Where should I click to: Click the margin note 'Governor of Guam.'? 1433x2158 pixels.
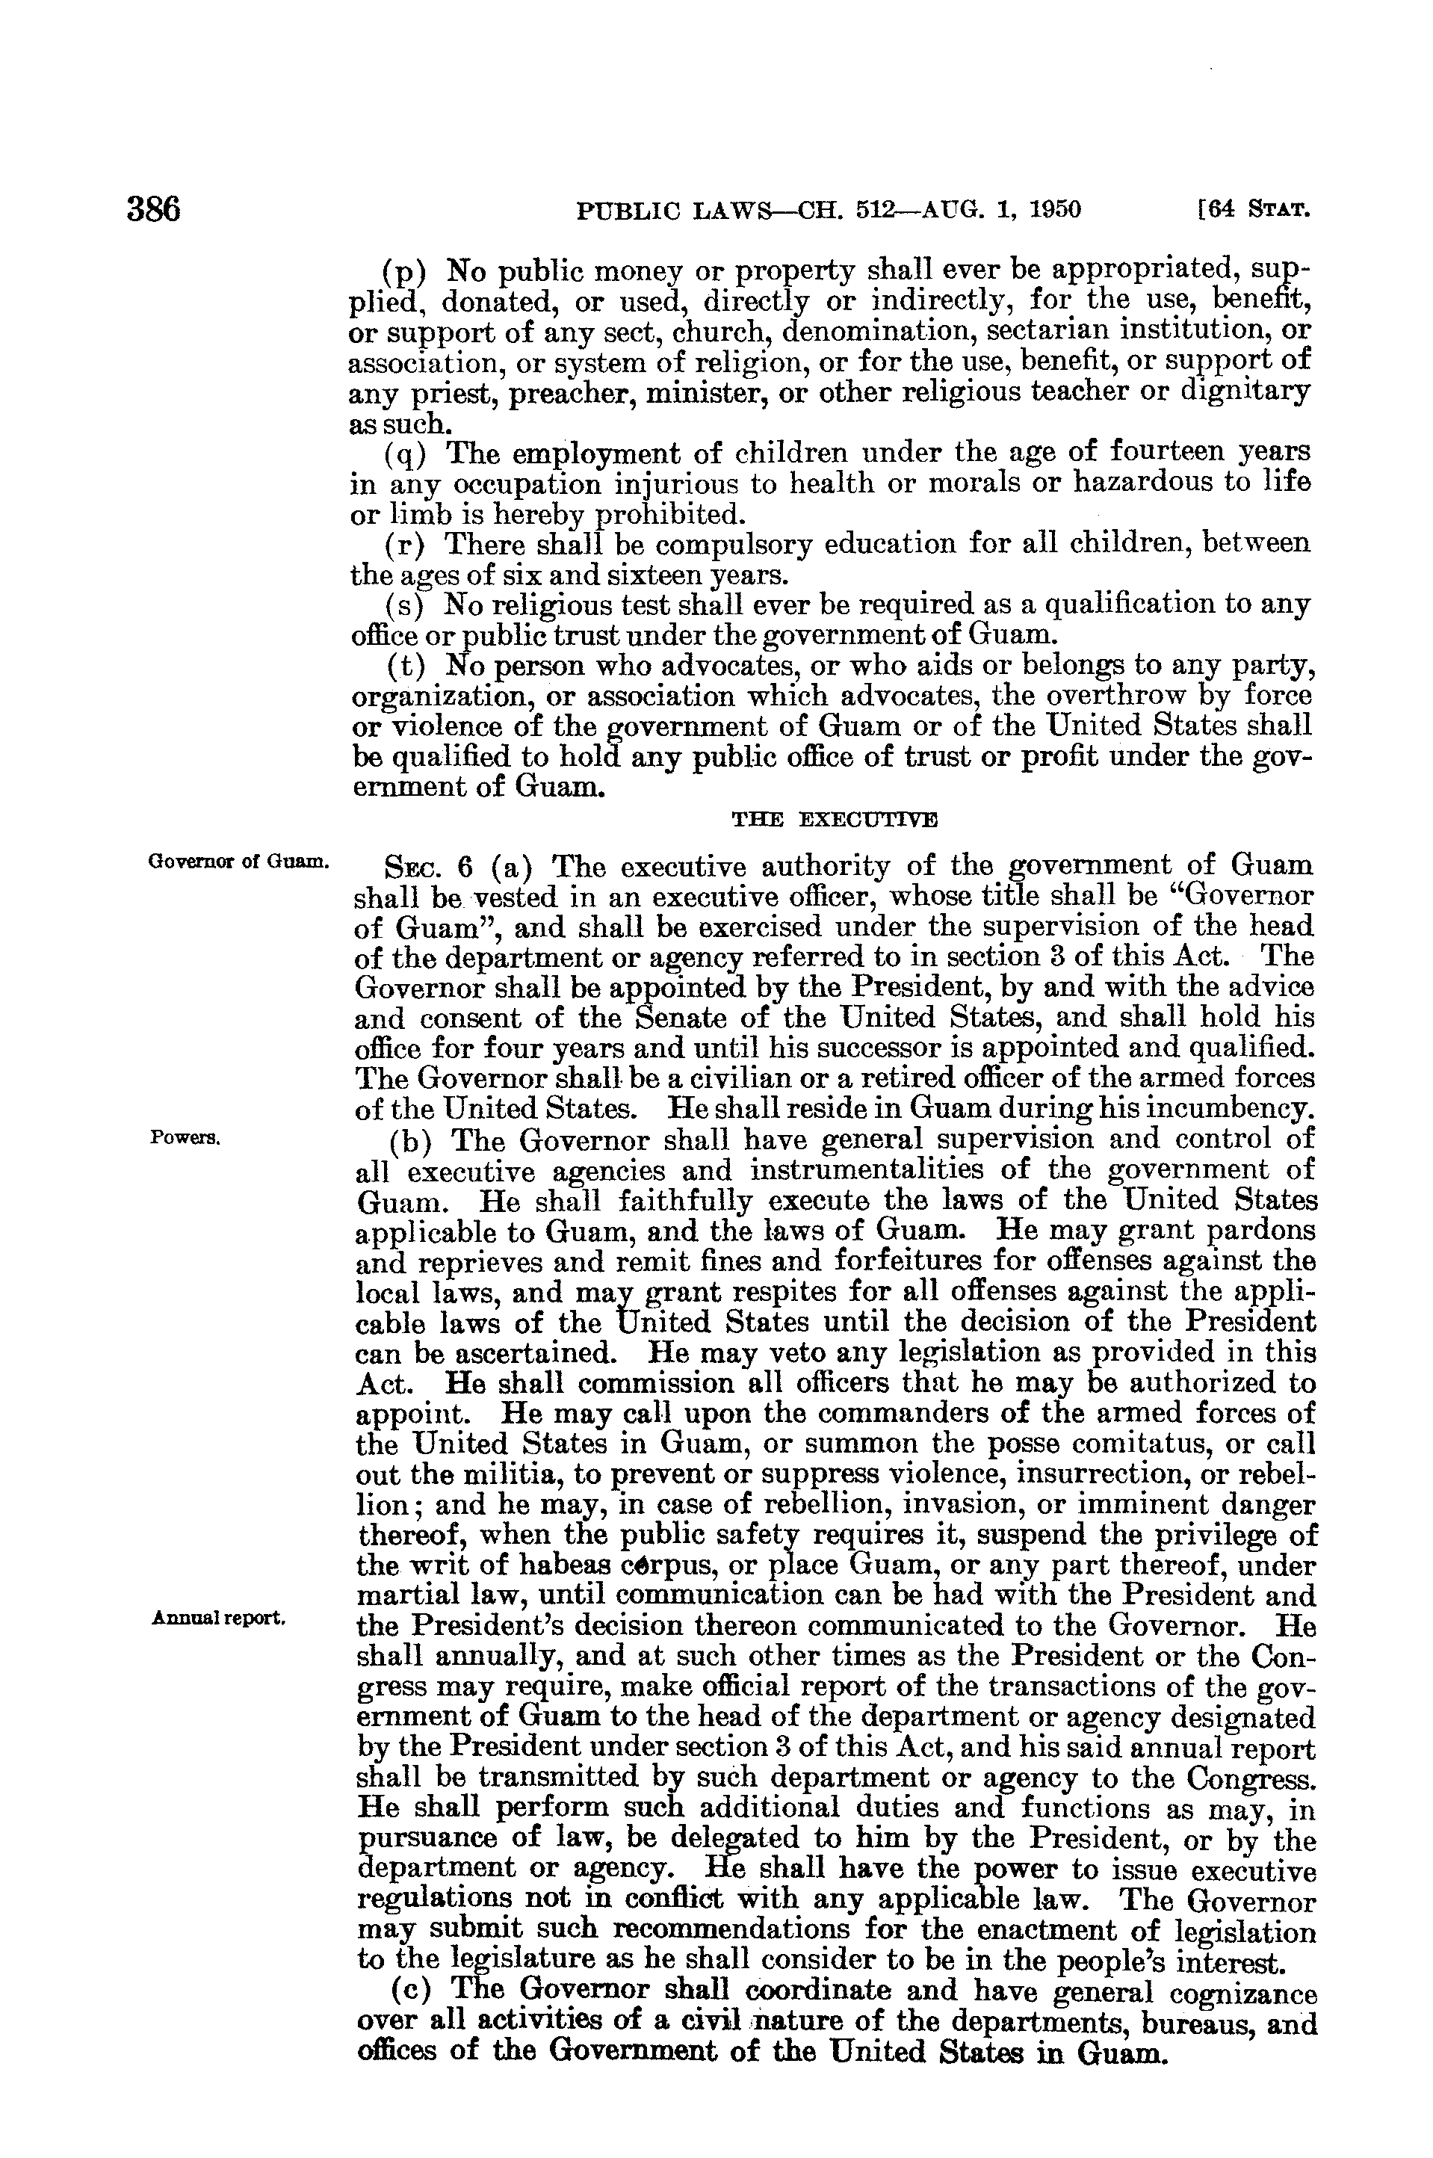(x=238, y=860)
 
